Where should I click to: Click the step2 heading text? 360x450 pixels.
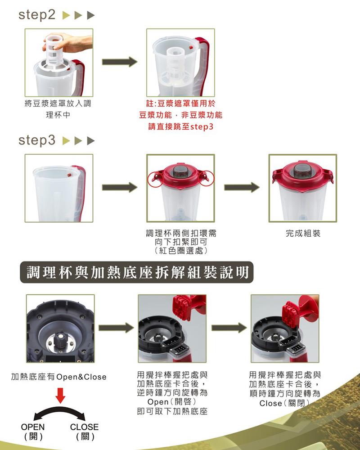point(37,15)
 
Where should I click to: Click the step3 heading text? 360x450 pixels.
point(37,140)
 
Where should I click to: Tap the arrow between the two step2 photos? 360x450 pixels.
point(120,62)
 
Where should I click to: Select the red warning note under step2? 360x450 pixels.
point(180,115)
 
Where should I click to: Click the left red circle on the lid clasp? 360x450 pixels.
point(155,179)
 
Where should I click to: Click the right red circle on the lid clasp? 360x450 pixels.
point(207,179)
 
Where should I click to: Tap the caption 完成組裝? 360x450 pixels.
point(303,233)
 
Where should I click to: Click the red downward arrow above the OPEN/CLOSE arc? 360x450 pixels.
point(60,396)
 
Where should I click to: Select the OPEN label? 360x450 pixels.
point(33,427)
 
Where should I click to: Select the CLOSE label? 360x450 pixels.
point(85,427)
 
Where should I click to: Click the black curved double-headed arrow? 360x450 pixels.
point(59,410)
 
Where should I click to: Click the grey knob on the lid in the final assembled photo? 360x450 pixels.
point(303,171)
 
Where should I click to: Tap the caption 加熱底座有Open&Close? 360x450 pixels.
point(59,377)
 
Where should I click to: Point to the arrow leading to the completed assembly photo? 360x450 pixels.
point(242,187)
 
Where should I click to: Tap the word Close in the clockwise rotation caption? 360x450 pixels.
point(270,403)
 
